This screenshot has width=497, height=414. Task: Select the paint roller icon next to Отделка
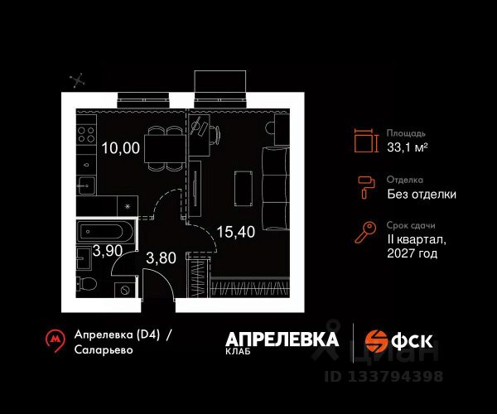pyautogui.click(x=365, y=186)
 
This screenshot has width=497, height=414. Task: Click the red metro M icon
pyautogui.click(x=55, y=339)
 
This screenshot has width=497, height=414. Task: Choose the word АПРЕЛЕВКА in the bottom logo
pyautogui.click(x=282, y=339)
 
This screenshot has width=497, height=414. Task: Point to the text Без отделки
pyautogui.click(x=422, y=195)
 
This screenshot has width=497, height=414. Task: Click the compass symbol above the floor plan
pyautogui.click(x=80, y=80)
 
